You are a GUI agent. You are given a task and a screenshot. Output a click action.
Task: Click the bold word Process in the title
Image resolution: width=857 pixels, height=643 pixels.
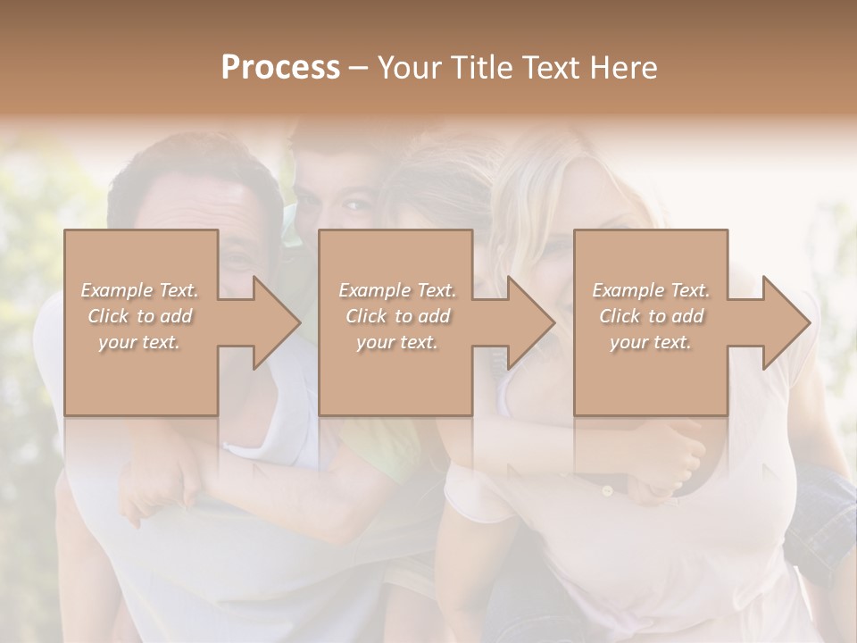280,68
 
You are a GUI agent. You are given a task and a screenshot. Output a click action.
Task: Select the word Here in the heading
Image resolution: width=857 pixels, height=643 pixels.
622,68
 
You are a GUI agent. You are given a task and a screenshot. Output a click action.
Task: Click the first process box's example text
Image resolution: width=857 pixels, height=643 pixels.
139,316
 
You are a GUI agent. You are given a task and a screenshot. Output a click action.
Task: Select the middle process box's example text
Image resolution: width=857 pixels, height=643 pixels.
396,316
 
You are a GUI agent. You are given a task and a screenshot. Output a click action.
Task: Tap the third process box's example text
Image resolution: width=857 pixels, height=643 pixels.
651,316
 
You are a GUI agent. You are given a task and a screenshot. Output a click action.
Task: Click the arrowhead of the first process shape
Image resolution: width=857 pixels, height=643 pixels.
276,322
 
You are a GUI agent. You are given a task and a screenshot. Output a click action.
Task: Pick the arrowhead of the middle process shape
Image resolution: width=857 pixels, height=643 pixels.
531,322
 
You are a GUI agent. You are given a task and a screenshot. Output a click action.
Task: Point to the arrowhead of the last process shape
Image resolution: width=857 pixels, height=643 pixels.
786,322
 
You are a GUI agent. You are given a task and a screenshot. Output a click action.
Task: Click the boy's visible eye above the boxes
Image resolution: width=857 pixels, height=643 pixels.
357,206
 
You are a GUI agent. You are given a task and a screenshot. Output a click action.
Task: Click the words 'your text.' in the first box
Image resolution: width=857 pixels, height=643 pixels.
138,342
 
